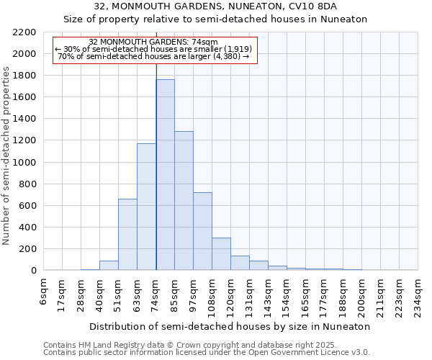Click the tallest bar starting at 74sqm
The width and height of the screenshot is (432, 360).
click(x=165, y=175)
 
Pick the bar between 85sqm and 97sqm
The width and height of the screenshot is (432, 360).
click(x=184, y=201)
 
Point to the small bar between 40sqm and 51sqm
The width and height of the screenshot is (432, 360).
click(x=109, y=266)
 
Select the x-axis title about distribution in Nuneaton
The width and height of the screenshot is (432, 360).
click(x=230, y=326)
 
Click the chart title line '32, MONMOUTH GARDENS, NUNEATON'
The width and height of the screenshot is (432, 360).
click(x=216, y=6)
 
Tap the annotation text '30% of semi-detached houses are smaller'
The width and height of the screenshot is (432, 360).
click(x=156, y=49)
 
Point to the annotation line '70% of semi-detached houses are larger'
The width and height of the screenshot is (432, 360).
click(x=153, y=56)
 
